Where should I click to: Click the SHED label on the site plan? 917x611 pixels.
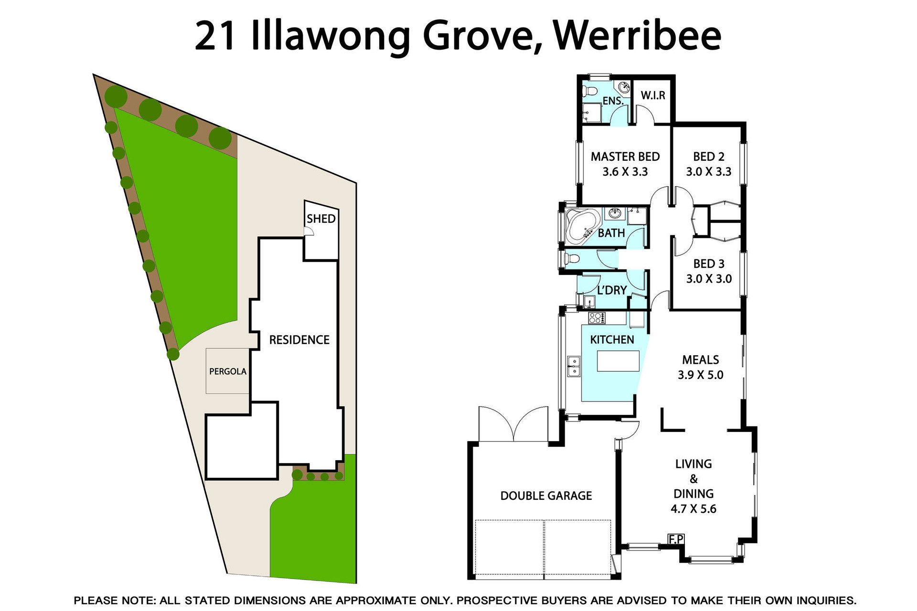[x=321, y=219]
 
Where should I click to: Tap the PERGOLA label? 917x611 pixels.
[x=228, y=371]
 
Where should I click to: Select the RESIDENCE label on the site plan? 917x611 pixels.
[x=299, y=340]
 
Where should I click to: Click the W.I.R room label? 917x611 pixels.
[x=653, y=95]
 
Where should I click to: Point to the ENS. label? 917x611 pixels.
[x=613, y=101]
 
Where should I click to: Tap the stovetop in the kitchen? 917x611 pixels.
[x=597, y=318]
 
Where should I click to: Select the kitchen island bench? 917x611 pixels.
[x=618, y=361]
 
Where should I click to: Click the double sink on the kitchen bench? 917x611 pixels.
[x=574, y=366]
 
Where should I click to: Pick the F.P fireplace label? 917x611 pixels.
[x=676, y=539]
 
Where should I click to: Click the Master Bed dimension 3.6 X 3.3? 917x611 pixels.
[x=625, y=172]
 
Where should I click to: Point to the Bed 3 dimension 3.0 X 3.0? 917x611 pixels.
[x=709, y=279]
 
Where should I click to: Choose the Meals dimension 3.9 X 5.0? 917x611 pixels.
[x=701, y=375]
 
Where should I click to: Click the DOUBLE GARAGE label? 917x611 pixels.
[x=546, y=496]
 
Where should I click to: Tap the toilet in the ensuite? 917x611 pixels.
[x=590, y=91]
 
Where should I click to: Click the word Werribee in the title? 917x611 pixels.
[x=638, y=36]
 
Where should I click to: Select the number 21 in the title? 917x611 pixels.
[x=215, y=36]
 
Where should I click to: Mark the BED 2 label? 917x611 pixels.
[x=709, y=157]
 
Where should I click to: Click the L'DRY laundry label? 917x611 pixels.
[x=612, y=290]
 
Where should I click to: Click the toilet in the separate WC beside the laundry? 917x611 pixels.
[x=572, y=259]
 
